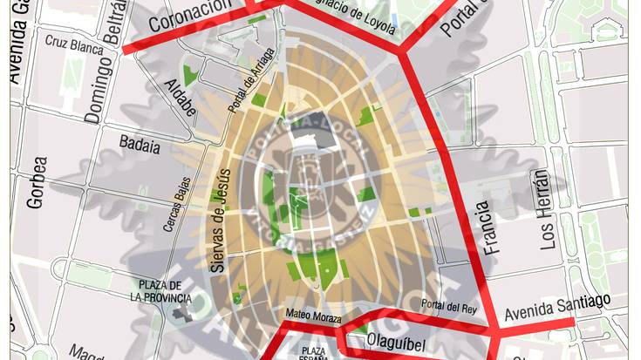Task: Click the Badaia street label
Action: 140,145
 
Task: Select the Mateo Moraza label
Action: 313,314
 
